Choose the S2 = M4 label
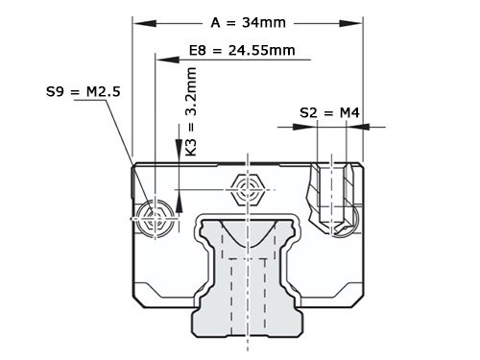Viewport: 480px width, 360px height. tap(329, 112)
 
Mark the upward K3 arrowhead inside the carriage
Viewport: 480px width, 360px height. tap(178, 196)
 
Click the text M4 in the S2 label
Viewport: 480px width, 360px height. tap(348, 112)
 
